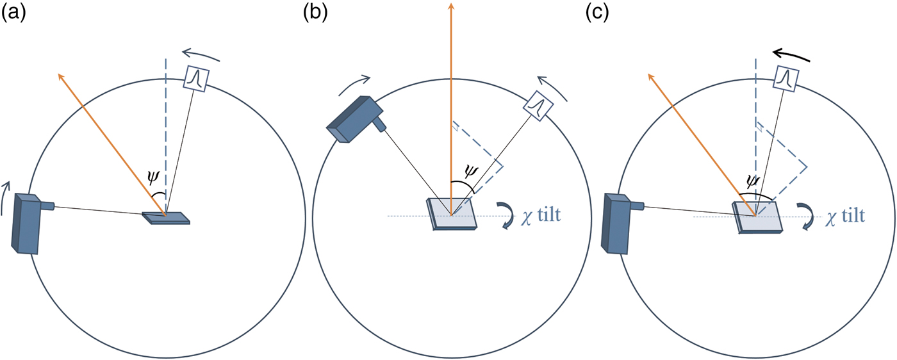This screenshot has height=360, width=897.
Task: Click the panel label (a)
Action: [x=14, y=13]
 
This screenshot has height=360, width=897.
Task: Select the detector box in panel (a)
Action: [x=194, y=78]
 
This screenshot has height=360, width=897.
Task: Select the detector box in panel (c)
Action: [x=784, y=78]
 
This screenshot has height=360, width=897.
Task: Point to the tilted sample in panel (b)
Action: [x=452, y=214]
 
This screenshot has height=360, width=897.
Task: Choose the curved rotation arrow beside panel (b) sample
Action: [x=506, y=215]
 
